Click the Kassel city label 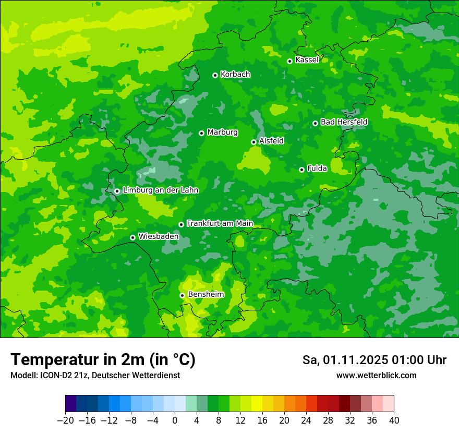pos(307,60)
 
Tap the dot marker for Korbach pos(215,75)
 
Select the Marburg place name pos(222,133)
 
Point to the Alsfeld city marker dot pos(253,142)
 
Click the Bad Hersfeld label pos(344,122)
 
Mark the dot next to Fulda pos(301,170)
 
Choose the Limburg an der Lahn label pos(160,190)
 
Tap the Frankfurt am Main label pos(220,223)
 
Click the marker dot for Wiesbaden pos(132,237)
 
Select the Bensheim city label pos(206,294)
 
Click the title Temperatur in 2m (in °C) pos(103,360)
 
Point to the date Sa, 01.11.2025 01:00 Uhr pos(374,360)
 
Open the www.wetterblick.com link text pos(376,375)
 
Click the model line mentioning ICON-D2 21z pos(95,375)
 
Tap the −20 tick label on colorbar pos(65,420)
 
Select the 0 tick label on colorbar pos(175,420)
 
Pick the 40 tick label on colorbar pos(394,420)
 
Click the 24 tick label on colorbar pos(306,420)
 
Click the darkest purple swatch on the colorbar pos(71,404)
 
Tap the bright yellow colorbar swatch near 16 pos(257,404)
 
